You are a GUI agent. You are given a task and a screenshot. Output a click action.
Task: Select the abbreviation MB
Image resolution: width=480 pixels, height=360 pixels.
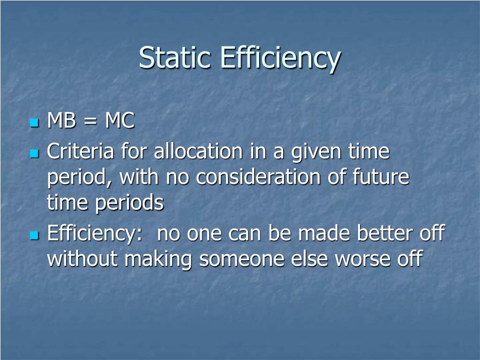(x=63, y=121)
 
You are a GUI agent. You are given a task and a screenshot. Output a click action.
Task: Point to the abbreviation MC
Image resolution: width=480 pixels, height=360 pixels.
(x=120, y=121)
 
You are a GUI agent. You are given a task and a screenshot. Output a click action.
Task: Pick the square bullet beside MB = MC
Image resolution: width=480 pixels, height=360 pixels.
(x=33, y=123)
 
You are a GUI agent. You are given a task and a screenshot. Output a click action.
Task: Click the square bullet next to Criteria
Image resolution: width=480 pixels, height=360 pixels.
(x=33, y=153)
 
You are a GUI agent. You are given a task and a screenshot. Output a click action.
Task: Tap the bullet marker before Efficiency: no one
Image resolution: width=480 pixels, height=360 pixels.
(x=33, y=235)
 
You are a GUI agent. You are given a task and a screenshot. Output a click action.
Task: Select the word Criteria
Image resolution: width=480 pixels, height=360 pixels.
(x=81, y=152)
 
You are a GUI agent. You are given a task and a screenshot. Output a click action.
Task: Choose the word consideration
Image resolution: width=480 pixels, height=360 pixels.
(x=256, y=178)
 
